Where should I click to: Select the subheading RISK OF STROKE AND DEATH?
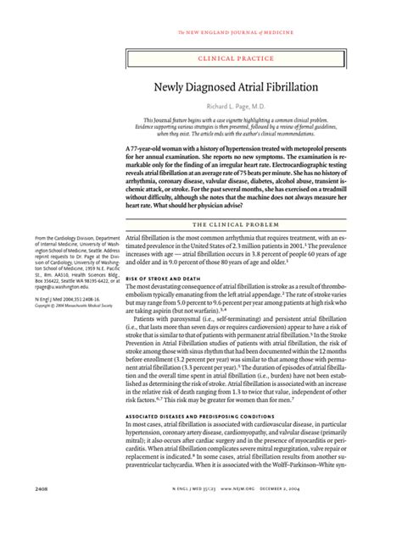pos(164,279)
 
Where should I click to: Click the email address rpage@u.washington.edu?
pos(46,310)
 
